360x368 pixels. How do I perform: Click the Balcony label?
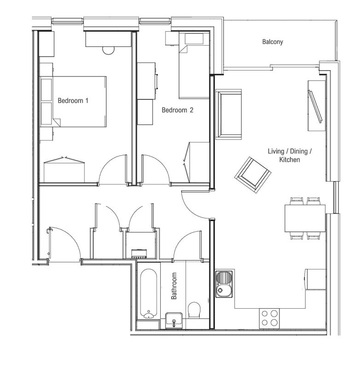[273, 42]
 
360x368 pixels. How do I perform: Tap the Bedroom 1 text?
[73, 101]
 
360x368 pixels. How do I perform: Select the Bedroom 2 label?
[178, 110]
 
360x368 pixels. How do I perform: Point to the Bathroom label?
[174, 286]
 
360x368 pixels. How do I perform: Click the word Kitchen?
[290, 160]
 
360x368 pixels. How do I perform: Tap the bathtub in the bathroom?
[148, 293]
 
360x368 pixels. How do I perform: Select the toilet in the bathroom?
[194, 310]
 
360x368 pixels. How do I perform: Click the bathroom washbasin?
[174, 320]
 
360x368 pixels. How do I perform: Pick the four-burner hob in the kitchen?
[269, 318]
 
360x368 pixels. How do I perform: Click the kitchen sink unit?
[224, 284]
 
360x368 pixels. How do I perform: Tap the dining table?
[305, 218]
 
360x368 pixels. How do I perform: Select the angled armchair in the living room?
[253, 175]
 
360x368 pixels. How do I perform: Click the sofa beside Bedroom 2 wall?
[228, 114]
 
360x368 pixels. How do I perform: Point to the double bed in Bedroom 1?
[73, 101]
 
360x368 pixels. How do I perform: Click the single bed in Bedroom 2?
[194, 65]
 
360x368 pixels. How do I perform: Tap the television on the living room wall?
[315, 106]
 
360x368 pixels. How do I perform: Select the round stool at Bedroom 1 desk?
[108, 51]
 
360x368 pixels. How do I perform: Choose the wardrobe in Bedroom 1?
[64, 170]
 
